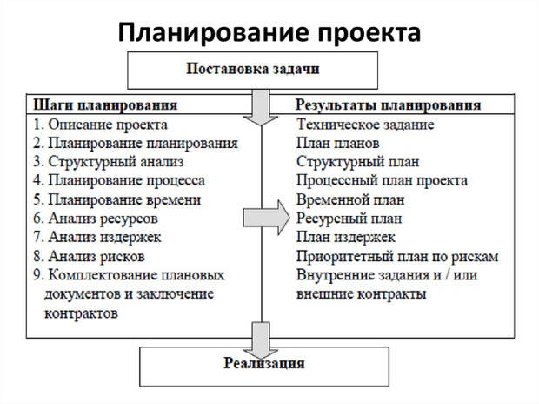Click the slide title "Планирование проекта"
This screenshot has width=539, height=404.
click(x=269, y=32)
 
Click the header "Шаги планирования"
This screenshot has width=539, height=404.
click(x=105, y=104)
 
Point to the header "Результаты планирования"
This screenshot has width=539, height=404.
click(x=389, y=104)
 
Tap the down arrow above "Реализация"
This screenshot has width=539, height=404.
click(x=259, y=335)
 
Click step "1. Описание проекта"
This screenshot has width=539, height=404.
click(x=97, y=125)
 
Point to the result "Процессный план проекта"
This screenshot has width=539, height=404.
click(x=382, y=181)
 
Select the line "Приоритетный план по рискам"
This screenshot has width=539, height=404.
click(x=397, y=256)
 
